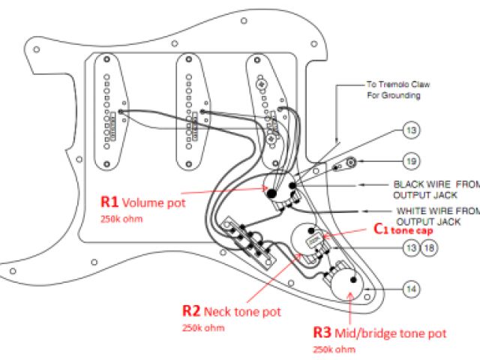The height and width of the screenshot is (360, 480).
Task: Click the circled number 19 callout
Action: click(x=410, y=161)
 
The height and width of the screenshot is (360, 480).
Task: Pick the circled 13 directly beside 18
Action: click(x=409, y=247)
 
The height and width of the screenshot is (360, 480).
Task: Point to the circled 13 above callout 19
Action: click(x=410, y=130)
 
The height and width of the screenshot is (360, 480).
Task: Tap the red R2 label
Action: click(x=190, y=310)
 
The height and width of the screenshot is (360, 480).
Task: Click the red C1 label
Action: click(x=379, y=230)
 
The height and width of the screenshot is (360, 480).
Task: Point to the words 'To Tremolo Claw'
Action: click(x=392, y=85)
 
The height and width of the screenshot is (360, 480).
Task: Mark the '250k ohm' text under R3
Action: click(x=334, y=349)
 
